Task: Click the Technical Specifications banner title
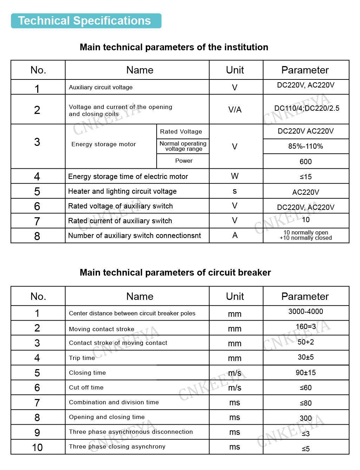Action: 84,21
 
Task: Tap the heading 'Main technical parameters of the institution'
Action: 174,47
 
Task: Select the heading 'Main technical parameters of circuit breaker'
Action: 175,272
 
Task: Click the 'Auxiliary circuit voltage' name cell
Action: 101,87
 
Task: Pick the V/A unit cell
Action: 235,110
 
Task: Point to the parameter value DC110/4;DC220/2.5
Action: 307,108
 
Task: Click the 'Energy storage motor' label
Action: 104,144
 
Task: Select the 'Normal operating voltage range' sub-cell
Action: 183,146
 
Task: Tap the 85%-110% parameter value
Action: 306,146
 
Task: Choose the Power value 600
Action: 306,161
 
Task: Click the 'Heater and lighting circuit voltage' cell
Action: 122,191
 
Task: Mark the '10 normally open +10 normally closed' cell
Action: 306,235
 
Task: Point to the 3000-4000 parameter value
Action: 306,311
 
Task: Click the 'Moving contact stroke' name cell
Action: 102,329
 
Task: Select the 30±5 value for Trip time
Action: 306,357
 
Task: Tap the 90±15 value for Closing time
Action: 306,373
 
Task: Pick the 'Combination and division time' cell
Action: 114,402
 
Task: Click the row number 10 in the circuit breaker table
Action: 37,448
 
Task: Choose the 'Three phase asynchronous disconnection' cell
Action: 131,432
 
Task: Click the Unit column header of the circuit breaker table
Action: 235,296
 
